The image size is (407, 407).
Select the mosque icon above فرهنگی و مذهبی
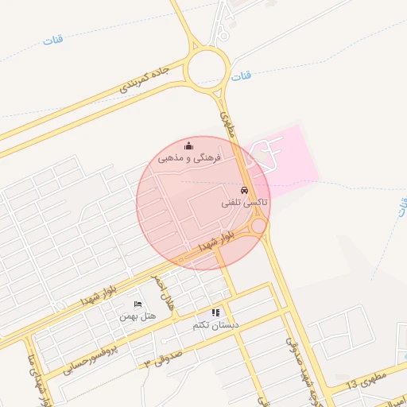(188, 145)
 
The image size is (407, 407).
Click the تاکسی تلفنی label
(244, 203)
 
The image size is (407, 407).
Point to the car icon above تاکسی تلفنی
(244, 191)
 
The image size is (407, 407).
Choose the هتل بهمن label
(138, 316)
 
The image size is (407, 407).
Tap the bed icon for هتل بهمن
(138, 304)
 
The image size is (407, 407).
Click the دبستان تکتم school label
(215, 325)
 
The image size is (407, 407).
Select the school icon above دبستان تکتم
(215, 313)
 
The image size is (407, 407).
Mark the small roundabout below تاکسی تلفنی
(258, 228)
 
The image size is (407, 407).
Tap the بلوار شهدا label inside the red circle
(216, 242)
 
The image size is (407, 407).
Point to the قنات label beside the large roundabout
(242, 76)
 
